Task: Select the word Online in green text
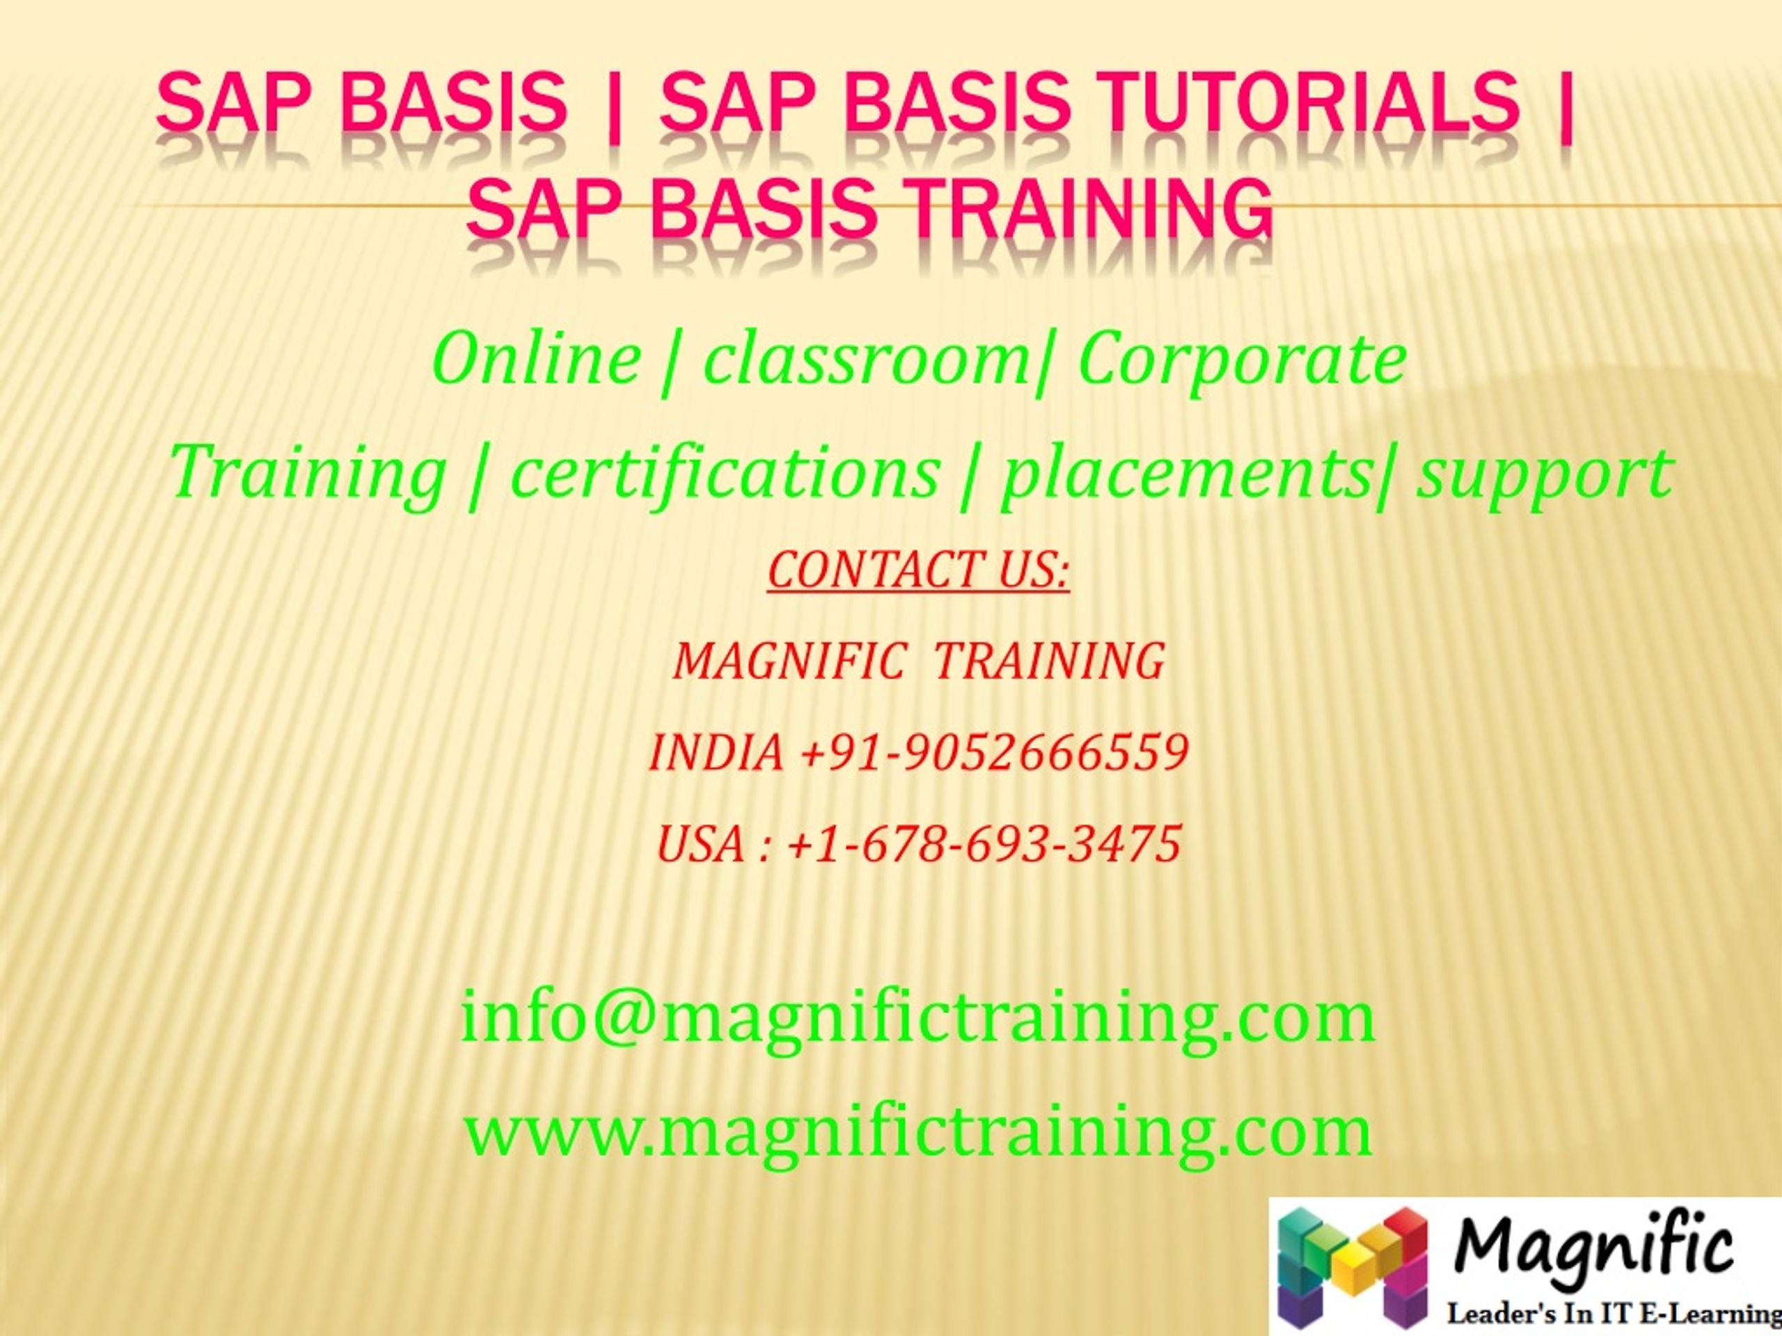(x=537, y=359)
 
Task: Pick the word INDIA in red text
(x=716, y=753)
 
